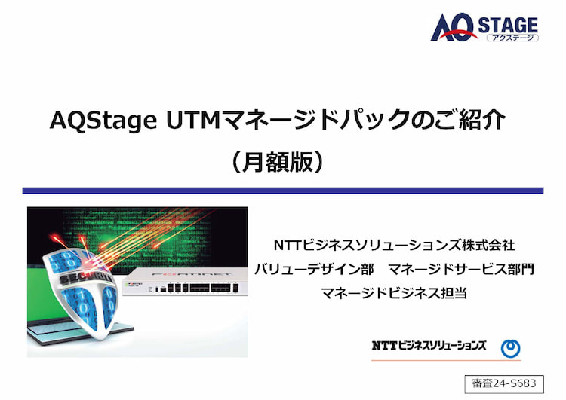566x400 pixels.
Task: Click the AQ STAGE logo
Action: coord(484,27)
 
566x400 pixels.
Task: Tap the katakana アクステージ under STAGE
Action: coord(512,38)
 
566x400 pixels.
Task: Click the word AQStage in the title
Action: coord(103,121)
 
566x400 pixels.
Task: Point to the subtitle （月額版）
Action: coord(277,162)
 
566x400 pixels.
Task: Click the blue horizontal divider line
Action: coord(283,191)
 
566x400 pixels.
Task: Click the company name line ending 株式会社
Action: coord(394,246)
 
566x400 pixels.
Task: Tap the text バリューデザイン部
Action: coord(314,269)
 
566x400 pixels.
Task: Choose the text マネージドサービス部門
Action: coord(461,269)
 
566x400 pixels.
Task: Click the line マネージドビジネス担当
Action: coord(394,292)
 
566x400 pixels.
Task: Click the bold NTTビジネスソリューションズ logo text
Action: coord(429,346)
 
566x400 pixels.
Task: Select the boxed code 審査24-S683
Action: coord(504,383)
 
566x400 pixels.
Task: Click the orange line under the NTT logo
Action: coord(446,359)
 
